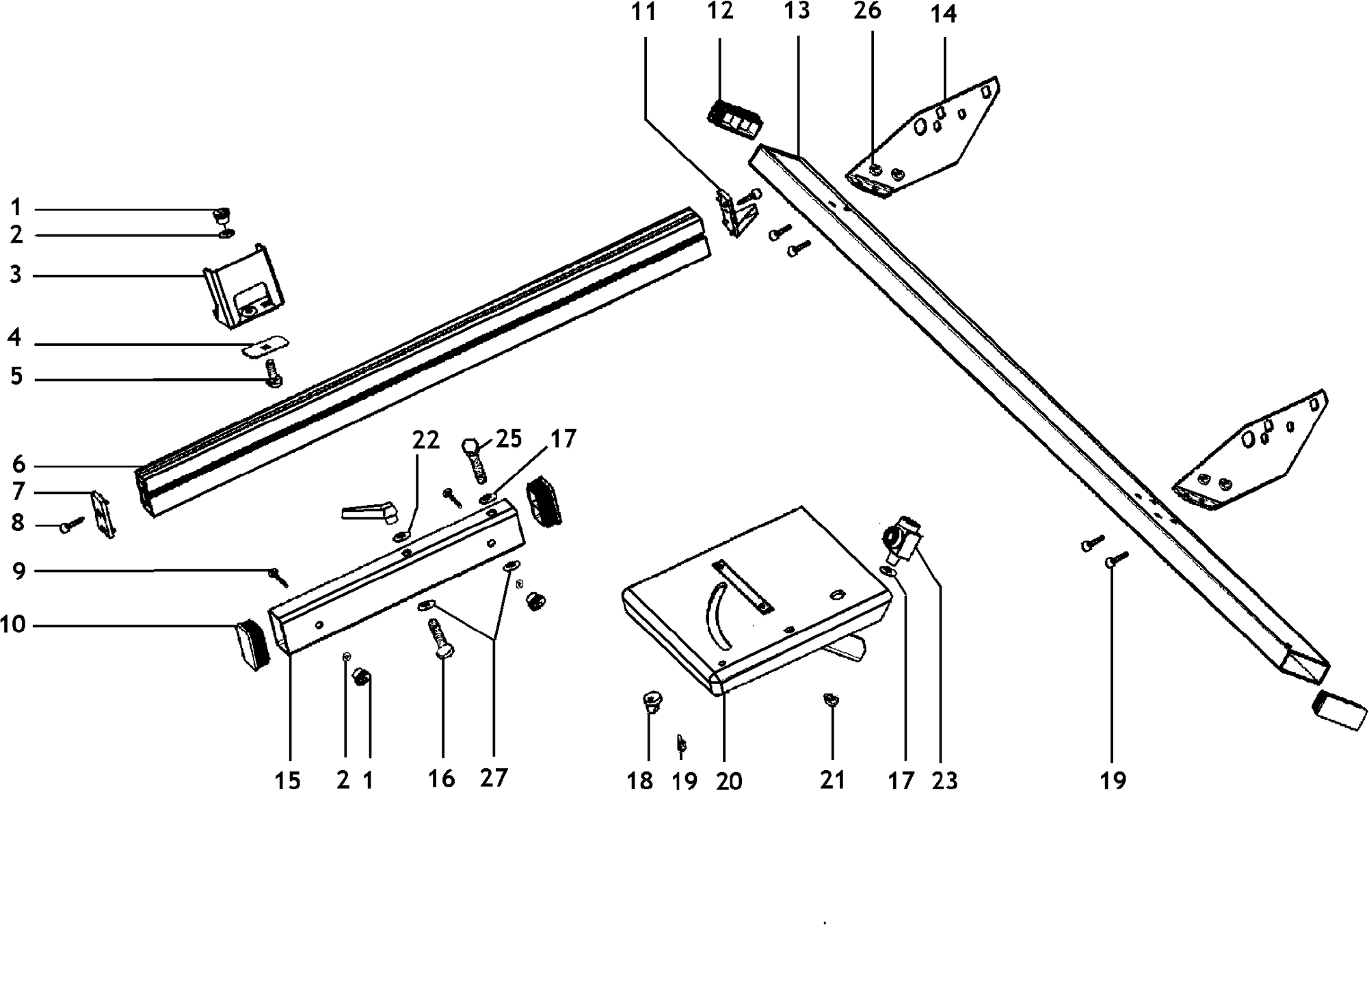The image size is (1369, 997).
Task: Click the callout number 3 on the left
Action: pos(16,275)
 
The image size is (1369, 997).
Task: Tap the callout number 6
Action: pos(18,465)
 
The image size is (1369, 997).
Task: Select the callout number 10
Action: pos(13,625)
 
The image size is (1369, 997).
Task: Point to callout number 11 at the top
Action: pos(643,12)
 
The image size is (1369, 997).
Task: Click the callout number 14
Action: pos(944,14)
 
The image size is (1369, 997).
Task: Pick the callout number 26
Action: pos(867,11)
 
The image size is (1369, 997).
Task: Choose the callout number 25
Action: pos(509,439)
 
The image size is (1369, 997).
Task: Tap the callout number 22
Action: pos(425,440)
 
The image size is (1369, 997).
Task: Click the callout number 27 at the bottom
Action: pos(494,778)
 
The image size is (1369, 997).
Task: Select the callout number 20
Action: pos(729,780)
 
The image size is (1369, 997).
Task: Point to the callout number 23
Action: pos(944,780)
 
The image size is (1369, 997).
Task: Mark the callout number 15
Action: pos(288,780)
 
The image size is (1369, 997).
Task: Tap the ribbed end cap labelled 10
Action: pos(250,644)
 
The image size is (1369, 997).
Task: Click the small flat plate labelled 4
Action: pos(265,348)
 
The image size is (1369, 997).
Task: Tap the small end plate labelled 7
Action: pos(103,513)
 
